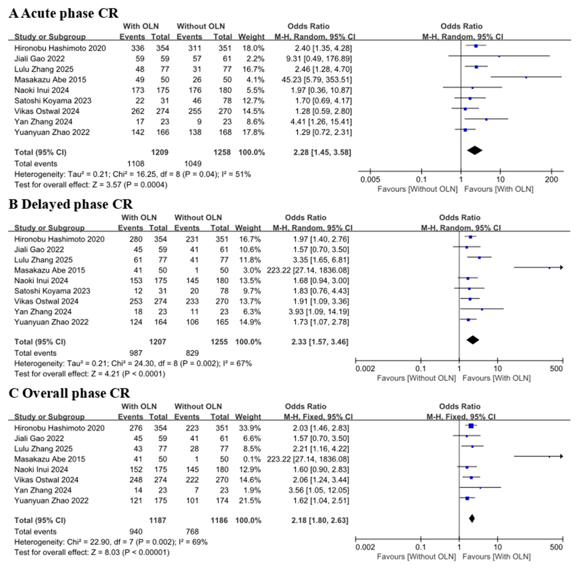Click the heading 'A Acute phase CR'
(63, 13)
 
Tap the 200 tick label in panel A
(551, 180)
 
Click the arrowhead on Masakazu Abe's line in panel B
(561, 268)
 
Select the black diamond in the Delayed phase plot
(473, 340)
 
